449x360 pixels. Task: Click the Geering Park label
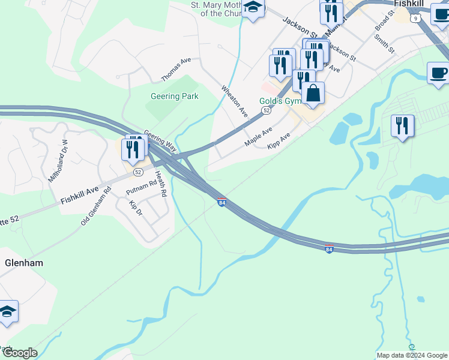[x=174, y=96]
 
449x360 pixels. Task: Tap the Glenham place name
[x=24, y=263]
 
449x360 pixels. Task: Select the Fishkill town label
[x=410, y=4]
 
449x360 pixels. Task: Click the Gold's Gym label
[x=280, y=101]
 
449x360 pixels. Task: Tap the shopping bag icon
[x=313, y=93]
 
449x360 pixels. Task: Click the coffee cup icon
[x=438, y=73]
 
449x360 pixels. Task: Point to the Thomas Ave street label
[x=176, y=70]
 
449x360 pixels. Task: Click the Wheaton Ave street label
[x=235, y=101]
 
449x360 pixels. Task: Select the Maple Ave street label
[x=259, y=136]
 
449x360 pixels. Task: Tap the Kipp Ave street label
[x=279, y=142]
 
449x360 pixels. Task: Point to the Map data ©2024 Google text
[x=411, y=355]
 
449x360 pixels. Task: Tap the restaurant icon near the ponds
[x=402, y=126]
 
